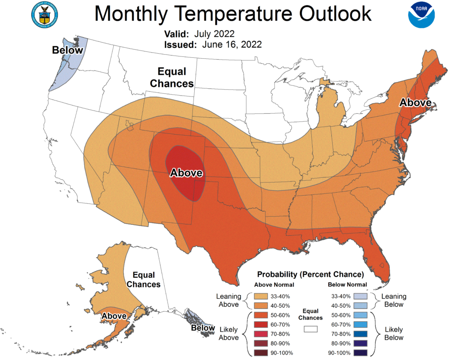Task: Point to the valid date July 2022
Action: tap(214, 34)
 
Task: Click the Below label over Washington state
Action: tap(67, 50)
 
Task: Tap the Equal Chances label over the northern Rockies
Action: tap(172, 77)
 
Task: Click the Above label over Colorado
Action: tap(186, 173)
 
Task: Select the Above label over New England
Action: tap(415, 103)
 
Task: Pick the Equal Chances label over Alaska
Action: tap(144, 279)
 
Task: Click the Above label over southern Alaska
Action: tap(114, 316)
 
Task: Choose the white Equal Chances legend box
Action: tap(311, 328)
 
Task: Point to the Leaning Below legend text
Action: tap(393, 300)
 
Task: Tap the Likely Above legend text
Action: tap(228, 333)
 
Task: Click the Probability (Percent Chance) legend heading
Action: tap(310, 274)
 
